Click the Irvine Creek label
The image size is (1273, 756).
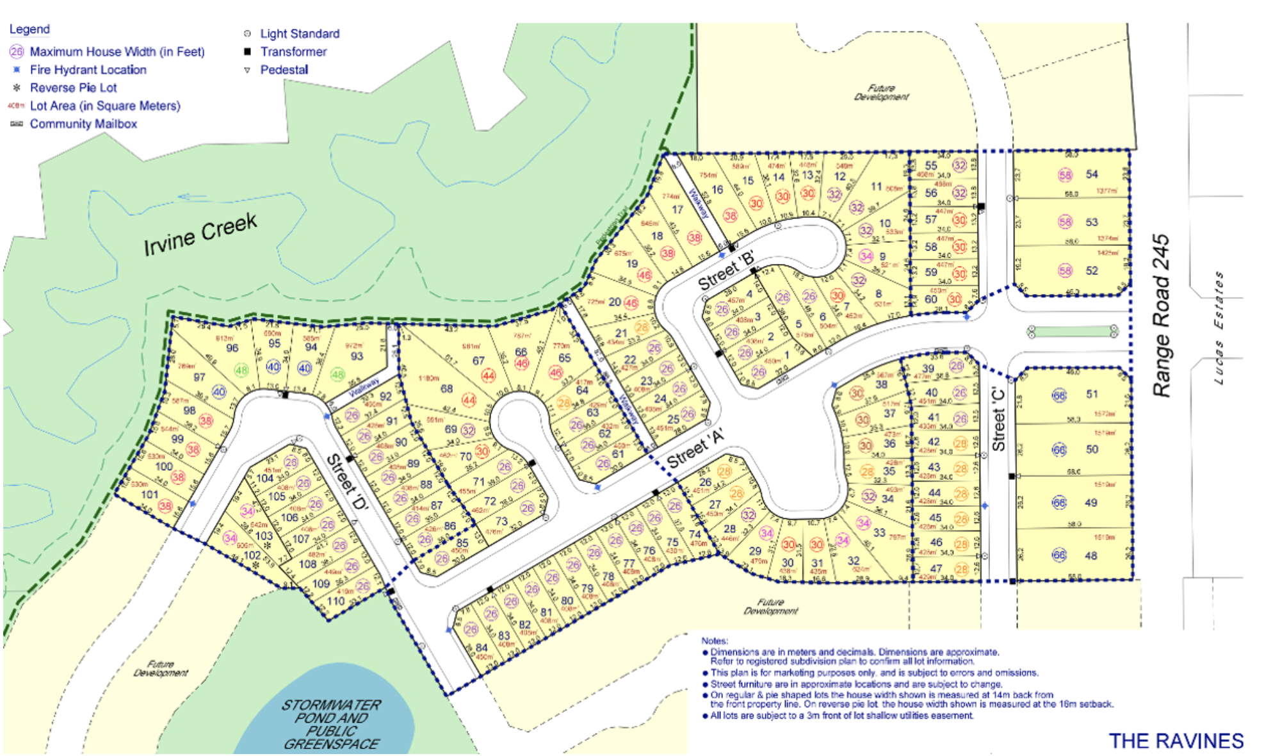click(x=200, y=234)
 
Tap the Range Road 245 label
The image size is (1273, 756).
click(x=1161, y=315)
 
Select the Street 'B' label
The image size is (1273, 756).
click(x=726, y=272)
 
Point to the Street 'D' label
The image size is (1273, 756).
click(x=347, y=482)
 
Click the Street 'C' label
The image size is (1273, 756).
click(x=998, y=420)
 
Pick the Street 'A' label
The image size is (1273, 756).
click(x=695, y=448)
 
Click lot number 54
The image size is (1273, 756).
click(x=1092, y=174)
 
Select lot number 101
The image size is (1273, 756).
click(x=149, y=494)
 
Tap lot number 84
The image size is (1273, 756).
click(x=482, y=648)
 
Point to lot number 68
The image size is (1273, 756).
click(x=446, y=388)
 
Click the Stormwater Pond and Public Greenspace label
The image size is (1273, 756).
click(x=331, y=724)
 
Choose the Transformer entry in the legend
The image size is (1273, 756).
click(x=293, y=52)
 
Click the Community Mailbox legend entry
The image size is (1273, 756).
click(x=83, y=124)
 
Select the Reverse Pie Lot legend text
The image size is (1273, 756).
click(x=73, y=88)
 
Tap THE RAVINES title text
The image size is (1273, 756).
click(x=1176, y=741)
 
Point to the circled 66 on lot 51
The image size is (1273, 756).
click(x=1059, y=395)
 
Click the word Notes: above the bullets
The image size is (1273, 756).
click(x=715, y=641)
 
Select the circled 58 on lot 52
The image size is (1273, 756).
click(x=1064, y=270)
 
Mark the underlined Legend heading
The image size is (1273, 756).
click(x=29, y=29)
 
